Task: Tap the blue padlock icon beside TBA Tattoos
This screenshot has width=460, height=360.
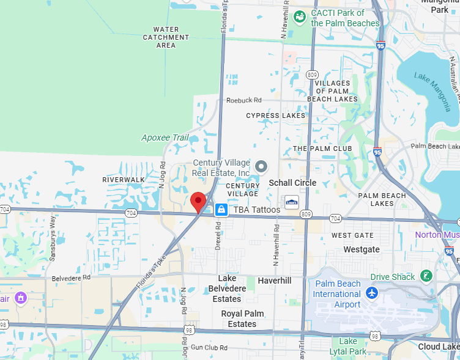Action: point(221,210)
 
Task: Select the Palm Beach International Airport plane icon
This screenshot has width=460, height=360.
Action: point(371,293)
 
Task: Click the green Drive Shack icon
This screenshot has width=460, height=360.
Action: point(427,276)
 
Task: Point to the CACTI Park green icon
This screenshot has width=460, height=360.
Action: point(300,17)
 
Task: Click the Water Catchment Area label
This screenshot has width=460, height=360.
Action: point(166,37)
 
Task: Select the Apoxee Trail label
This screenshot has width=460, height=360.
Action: point(165,138)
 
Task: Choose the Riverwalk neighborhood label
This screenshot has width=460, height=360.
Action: point(124,180)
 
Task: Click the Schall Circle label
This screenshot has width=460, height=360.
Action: point(293,183)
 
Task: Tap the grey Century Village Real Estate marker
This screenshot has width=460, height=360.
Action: point(262,166)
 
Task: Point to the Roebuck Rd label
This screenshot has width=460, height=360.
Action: point(243,100)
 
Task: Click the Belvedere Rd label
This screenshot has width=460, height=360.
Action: point(71,277)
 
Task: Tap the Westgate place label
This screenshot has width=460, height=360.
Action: point(361,249)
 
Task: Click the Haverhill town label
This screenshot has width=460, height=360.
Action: point(275,280)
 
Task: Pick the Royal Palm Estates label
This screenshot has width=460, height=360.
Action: point(242,318)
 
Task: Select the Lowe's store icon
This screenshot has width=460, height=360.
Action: point(292,202)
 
